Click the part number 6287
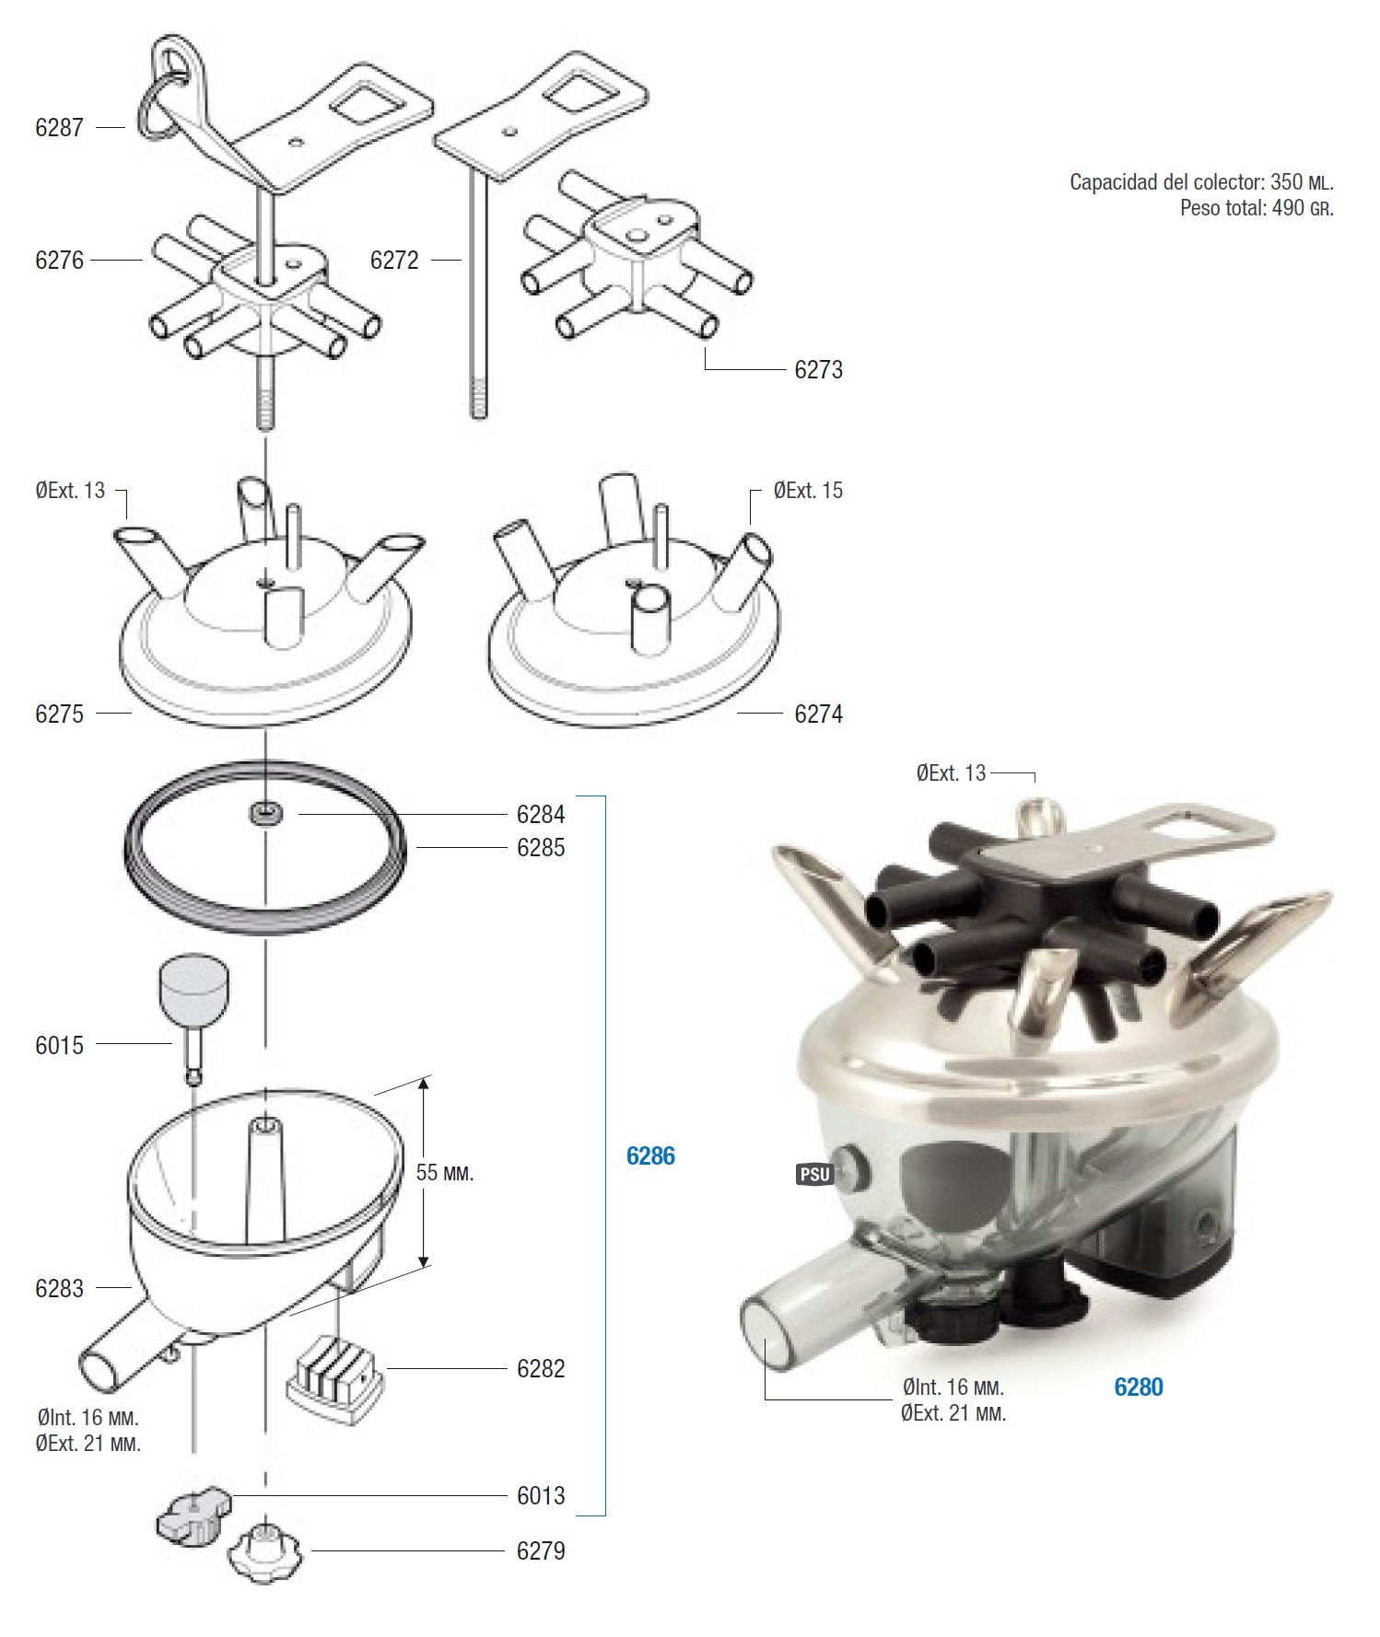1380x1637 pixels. pos(59,127)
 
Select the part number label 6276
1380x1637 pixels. pos(59,261)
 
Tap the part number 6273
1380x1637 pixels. pos(818,370)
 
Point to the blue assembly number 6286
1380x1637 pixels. pos(650,1156)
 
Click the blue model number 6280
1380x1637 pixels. pos(1139,1387)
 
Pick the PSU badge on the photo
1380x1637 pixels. pos(814,1175)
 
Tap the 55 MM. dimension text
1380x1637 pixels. pos(444,1173)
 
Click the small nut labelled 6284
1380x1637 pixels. pos(266,814)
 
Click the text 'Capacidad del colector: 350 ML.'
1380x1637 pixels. pos(1201,182)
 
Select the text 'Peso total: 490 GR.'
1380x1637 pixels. pos(1257,208)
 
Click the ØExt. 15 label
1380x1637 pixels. pos(808,491)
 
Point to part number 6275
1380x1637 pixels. pos(59,714)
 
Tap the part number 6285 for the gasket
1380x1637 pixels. pos(541,848)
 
